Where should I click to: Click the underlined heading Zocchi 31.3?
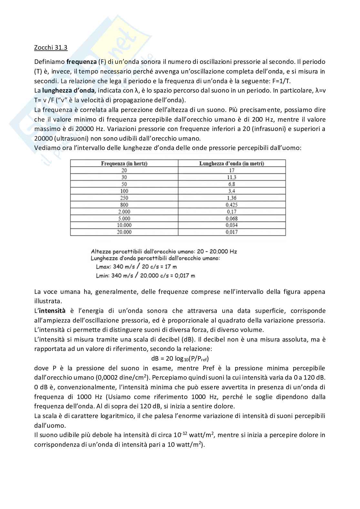click(x=51, y=48)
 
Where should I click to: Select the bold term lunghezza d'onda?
click(x=68, y=90)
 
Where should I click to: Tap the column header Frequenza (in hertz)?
click(x=124, y=164)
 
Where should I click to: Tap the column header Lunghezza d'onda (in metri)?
click(x=232, y=164)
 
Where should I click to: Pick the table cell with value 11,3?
click(x=232, y=177)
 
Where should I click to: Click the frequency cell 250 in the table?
click(x=124, y=198)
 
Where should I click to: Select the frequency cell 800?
click(x=124, y=205)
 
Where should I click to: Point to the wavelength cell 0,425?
click(x=232, y=205)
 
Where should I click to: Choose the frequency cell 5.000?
click(x=124, y=218)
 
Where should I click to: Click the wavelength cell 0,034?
click(x=232, y=225)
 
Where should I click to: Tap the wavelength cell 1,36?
click(x=232, y=198)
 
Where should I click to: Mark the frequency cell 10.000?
click(x=124, y=225)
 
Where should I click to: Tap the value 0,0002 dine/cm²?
click(x=121, y=378)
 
